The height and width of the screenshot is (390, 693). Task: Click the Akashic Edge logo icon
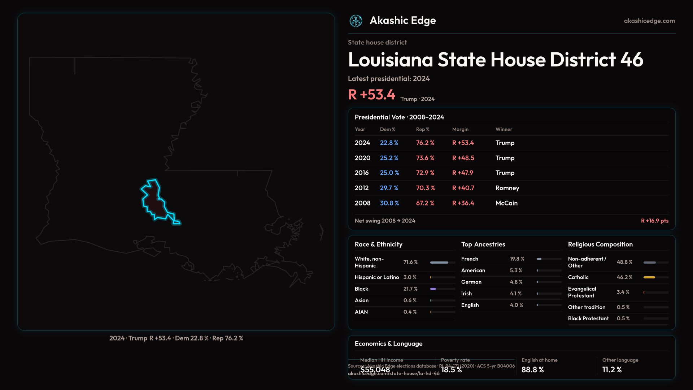pyautogui.click(x=356, y=21)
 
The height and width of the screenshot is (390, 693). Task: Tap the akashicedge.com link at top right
pyautogui.click(x=649, y=21)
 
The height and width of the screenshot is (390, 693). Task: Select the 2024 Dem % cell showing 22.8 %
pyautogui.click(x=389, y=143)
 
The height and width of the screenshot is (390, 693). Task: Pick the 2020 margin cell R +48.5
pyautogui.click(x=463, y=158)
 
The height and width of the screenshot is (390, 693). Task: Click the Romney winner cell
pyautogui.click(x=507, y=188)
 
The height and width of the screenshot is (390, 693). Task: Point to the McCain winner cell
pyautogui.click(x=506, y=203)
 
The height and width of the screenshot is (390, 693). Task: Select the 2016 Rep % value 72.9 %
pyautogui.click(x=425, y=173)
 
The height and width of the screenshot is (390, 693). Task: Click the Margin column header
pyautogui.click(x=460, y=129)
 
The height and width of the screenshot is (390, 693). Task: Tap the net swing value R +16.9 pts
pyautogui.click(x=654, y=221)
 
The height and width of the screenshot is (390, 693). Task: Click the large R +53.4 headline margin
pyautogui.click(x=371, y=95)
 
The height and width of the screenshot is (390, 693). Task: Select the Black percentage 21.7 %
pyautogui.click(x=410, y=289)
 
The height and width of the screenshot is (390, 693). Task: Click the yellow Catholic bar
pyautogui.click(x=649, y=277)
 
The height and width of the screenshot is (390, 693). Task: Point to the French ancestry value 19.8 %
pyautogui.click(x=517, y=259)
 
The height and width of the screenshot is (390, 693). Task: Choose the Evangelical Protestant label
pyautogui.click(x=582, y=292)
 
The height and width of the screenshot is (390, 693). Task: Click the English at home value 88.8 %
pyautogui.click(x=532, y=370)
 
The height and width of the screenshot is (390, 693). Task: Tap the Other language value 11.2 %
pyautogui.click(x=612, y=370)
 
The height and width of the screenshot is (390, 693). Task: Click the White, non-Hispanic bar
pyautogui.click(x=439, y=263)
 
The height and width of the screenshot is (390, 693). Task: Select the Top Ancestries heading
pyautogui.click(x=483, y=244)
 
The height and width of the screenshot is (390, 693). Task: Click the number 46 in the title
pyautogui.click(x=632, y=60)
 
